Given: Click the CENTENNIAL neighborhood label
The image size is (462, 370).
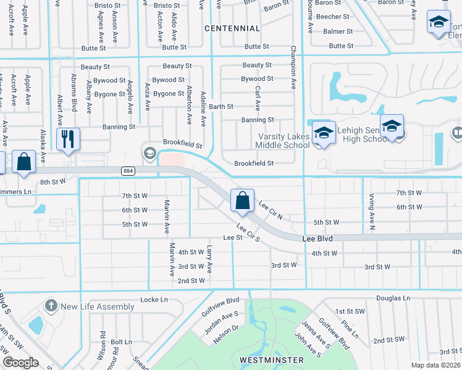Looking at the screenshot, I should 232,28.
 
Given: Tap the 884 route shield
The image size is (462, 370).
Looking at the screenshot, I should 128,171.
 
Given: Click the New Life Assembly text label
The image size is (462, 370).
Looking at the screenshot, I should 98,306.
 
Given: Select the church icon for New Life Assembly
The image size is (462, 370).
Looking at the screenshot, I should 51,306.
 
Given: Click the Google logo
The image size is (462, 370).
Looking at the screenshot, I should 20,363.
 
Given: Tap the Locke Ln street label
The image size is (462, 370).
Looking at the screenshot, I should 154,299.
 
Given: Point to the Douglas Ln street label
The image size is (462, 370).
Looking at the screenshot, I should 393,298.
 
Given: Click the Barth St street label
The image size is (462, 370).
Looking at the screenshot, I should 220,107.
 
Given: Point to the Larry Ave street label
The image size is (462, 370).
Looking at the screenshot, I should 210,259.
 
